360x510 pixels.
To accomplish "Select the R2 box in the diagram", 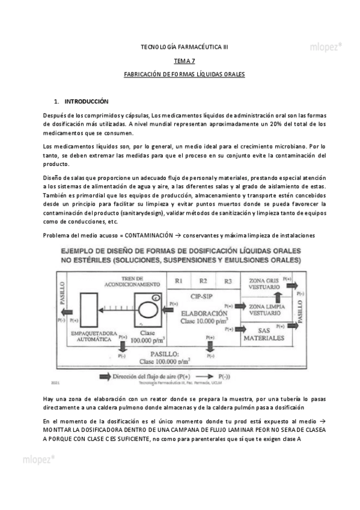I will click(x=203, y=280).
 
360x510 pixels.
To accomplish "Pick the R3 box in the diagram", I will click(x=228, y=280).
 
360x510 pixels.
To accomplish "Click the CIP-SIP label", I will click(x=203, y=296).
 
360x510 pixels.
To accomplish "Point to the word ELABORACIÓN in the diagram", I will click(x=203, y=313).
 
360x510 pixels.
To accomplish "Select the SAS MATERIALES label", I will click(x=263, y=334).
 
